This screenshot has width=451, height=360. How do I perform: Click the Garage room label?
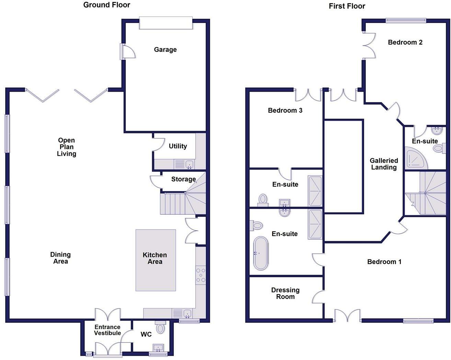[x=165, y=49]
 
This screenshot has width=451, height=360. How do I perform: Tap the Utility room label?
[x=178, y=146]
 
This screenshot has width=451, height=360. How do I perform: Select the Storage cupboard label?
[x=183, y=179]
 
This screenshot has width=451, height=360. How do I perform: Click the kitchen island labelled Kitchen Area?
[x=155, y=260]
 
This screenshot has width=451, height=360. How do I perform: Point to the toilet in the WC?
[x=160, y=327]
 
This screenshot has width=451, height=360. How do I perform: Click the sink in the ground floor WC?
[x=159, y=348]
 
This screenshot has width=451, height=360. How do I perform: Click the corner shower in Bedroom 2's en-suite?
[x=416, y=158]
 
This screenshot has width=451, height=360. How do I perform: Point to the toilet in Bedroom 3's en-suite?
[x=263, y=199]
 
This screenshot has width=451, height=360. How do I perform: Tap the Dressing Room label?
[x=285, y=293]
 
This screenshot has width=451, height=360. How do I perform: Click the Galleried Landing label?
[x=384, y=164]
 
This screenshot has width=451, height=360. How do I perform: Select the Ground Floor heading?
[x=107, y=5]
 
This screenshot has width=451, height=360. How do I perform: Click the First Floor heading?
[x=347, y=6]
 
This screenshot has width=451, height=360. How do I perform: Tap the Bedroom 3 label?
[x=285, y=110]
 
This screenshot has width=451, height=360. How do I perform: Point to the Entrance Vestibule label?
[x=107, y=330]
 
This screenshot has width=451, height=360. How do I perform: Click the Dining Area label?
[x=61, y=258]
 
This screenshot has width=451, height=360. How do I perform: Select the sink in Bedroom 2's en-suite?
[x=437, y=130]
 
